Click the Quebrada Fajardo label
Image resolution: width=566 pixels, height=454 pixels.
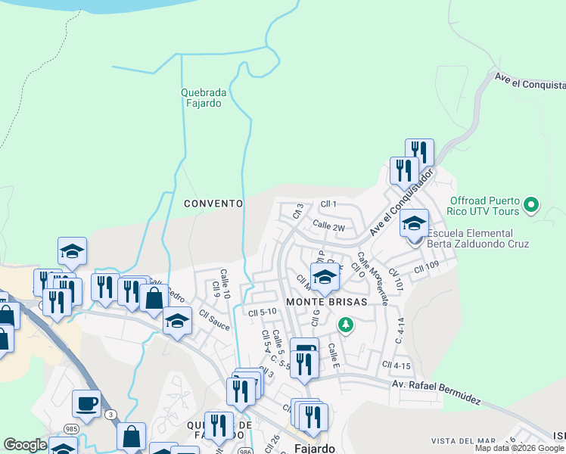[x=201, y=98]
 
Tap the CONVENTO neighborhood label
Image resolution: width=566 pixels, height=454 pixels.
[x=213, y=204]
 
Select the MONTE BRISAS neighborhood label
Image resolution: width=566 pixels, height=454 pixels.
[x=326, y=301]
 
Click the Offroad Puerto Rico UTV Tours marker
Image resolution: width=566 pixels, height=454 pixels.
[x=531, y=204]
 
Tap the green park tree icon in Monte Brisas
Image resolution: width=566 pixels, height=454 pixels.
[x=346, y=325]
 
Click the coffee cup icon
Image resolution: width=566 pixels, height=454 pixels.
[x=86, y=403]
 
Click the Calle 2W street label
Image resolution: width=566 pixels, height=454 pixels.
[x=328, y=226]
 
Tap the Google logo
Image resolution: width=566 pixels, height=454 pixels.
[x=25, y=446]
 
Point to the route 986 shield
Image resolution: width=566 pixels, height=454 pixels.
[x=245, y=451]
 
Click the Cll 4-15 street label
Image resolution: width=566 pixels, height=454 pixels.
[x=397, y=365]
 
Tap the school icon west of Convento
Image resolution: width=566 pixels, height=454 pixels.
[x=72, y=250]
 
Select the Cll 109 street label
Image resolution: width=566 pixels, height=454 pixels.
[x=427, y=266]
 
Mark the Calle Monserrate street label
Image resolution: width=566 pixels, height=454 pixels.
[x=374, y=278]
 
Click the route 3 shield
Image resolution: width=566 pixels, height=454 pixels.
[x=111, y=414]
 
